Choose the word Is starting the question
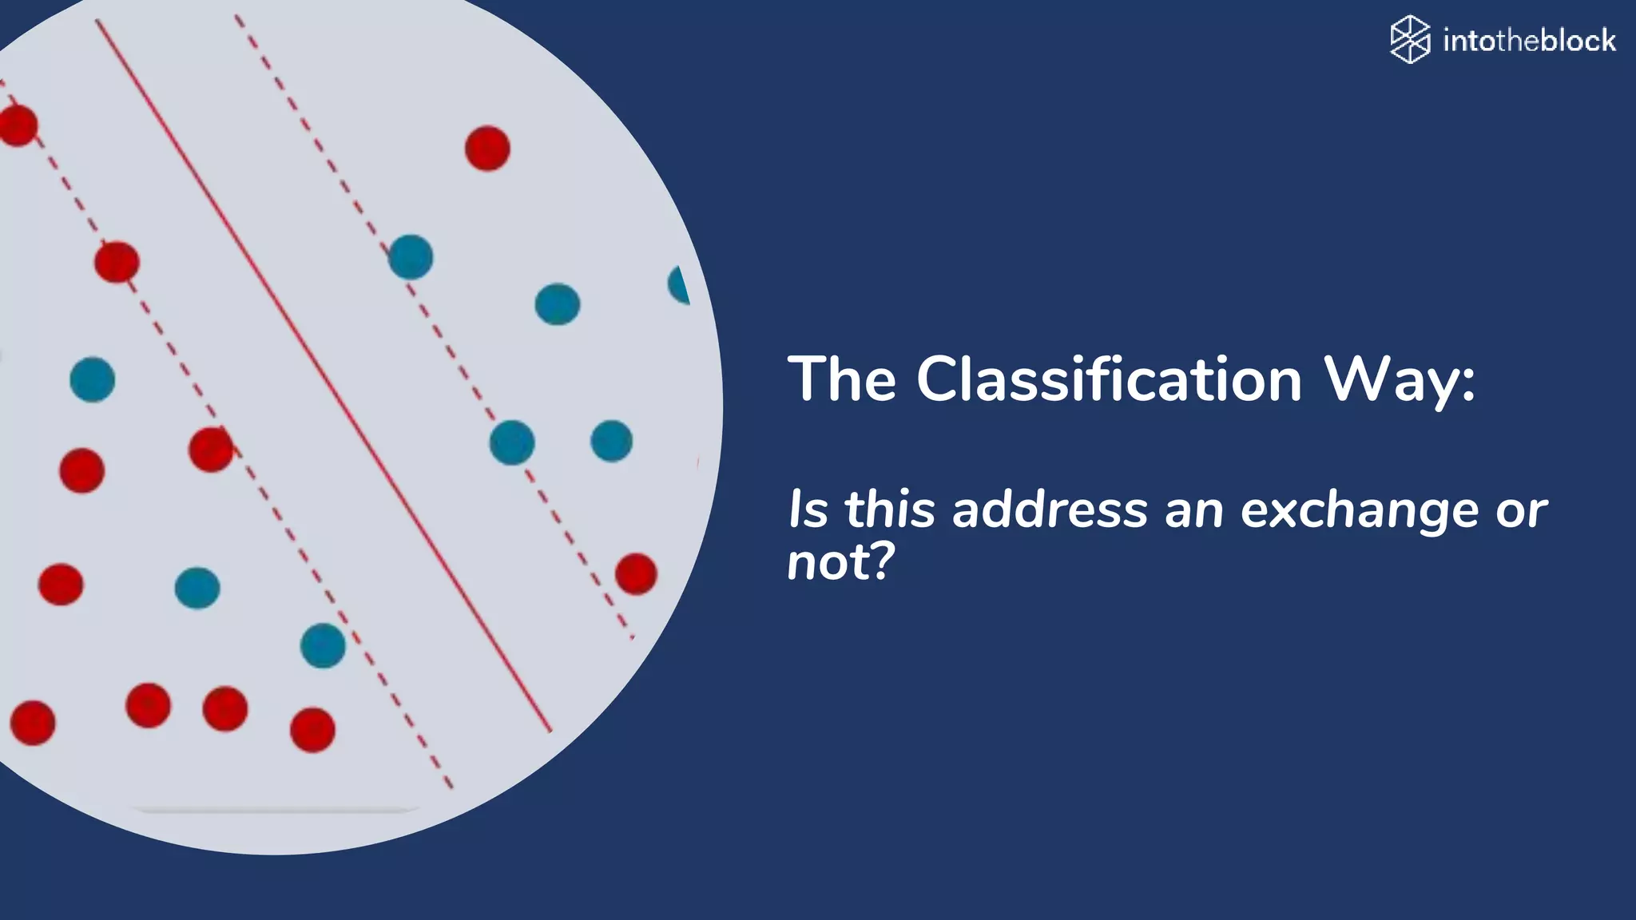point(808,510)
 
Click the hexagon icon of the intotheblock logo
point(1410,39)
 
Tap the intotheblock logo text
point(1529,40)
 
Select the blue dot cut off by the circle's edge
point(680,285)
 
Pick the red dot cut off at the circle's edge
point(18,125)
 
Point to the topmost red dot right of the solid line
point(487,149)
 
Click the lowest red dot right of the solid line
point(636,573)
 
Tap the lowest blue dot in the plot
point(323,645)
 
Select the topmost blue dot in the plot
point(411,257)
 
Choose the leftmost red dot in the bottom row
point(33,723)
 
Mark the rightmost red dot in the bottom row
point(312,729)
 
